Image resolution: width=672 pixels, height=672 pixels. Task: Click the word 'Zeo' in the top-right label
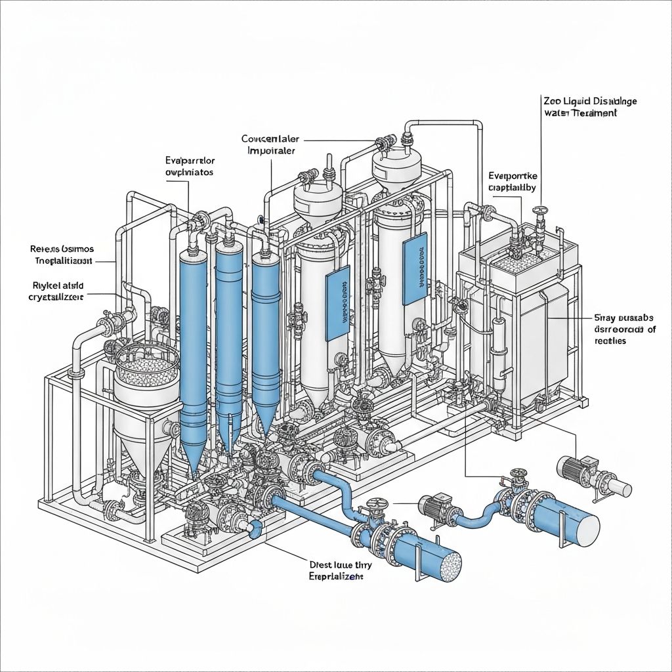pyautogui.click(x=551, y=101)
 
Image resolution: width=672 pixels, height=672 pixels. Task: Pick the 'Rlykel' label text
pyautogui.click(x=44, y=285)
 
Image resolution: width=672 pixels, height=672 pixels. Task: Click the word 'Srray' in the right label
pyautogui.click(x=605, y=317)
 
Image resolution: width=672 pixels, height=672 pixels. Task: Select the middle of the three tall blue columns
pyautogui.click(x=229, y=328)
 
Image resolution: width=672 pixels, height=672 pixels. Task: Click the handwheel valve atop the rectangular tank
pyautogui.click(x=540, y=212)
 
